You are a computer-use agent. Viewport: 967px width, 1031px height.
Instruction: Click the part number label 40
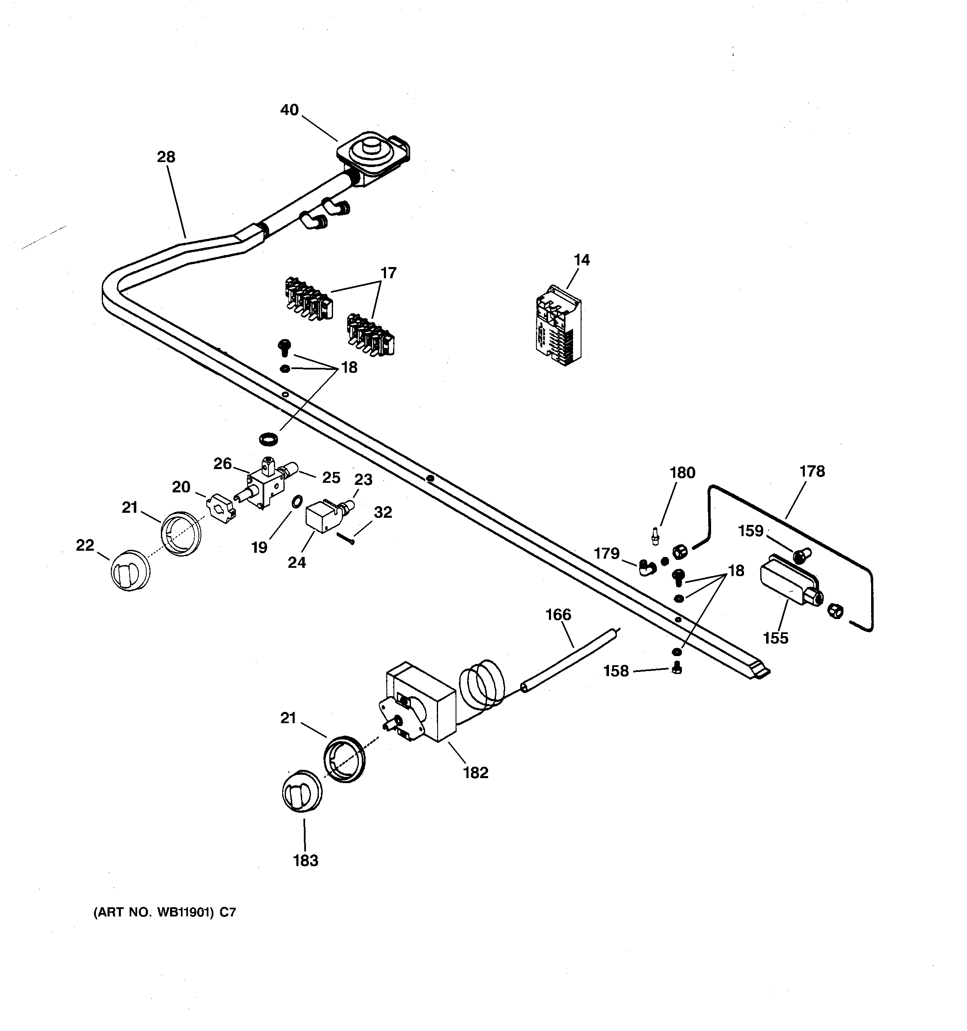point(289,110)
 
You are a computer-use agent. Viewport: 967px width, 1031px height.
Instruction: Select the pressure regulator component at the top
point(372,155)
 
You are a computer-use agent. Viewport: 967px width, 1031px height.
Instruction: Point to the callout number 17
point(388,273)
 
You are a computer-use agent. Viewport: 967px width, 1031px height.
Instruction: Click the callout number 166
point(558,615)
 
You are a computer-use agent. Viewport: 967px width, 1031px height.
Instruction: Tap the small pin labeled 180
point(656,534)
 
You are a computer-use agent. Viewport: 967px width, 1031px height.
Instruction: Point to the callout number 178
point(812,472)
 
